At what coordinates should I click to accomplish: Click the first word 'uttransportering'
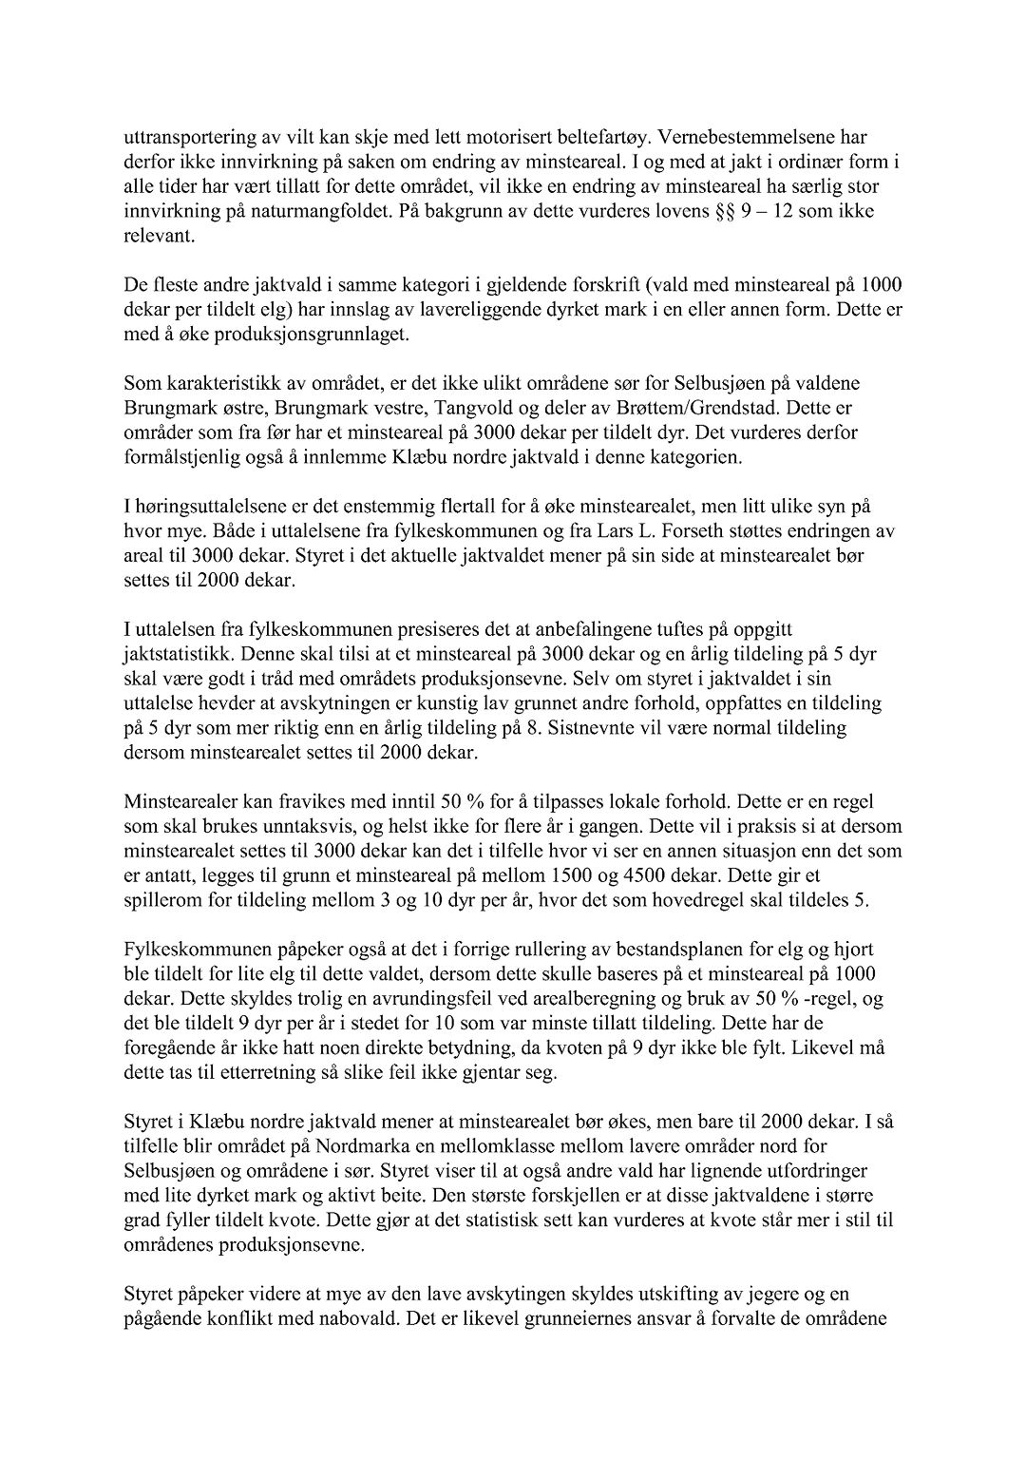[178, 137]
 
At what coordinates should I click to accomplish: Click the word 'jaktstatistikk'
[171, 654]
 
